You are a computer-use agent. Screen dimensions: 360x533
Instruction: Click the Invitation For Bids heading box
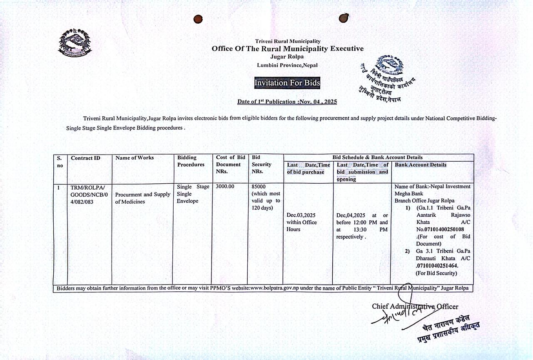point(287,83)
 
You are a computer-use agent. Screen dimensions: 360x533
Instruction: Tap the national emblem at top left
point(75,42)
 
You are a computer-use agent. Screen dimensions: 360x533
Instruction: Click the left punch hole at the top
point(198,19)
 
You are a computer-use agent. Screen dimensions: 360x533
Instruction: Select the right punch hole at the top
point(344,18)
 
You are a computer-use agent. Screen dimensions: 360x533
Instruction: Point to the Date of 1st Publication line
point(287,102)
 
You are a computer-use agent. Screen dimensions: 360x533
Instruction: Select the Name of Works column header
point(134,157)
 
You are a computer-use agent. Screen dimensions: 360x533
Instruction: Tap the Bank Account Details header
point(421,165)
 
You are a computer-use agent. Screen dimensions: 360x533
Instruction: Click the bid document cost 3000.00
point(225,187)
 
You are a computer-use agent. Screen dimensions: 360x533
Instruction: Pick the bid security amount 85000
point(259,187)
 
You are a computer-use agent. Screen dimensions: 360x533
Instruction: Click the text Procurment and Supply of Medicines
point(142,198)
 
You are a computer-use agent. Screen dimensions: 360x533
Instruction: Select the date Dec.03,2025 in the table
point(301,215)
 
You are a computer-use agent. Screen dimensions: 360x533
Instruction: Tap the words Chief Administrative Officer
point(415,307)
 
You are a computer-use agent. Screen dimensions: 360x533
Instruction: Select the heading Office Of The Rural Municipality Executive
point(287,49)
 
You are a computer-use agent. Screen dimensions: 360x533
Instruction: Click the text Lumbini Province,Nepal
point(287,65)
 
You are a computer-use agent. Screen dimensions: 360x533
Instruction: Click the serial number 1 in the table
point(59,187)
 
